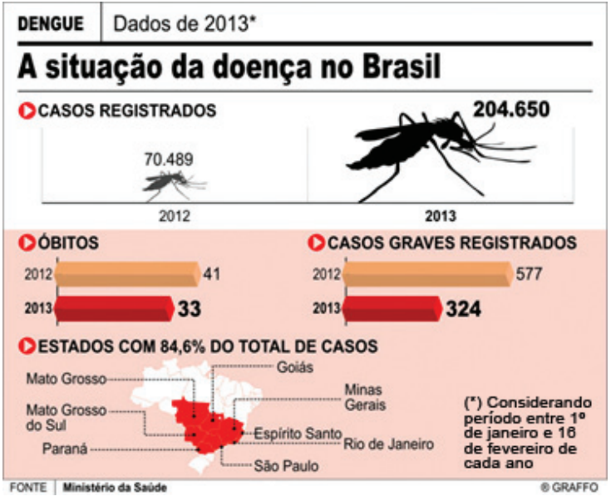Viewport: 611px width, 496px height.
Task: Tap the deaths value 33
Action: [x=190, y=310]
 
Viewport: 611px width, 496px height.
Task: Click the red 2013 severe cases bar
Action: [x=391, y=309]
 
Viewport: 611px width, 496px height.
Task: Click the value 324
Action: [x=463, y=310]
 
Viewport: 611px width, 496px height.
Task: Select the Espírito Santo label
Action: [x=297, y=433]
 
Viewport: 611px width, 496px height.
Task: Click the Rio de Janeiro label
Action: [x=388, y=444]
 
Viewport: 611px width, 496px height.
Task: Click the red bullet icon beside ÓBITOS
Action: [x=27, y=243]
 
